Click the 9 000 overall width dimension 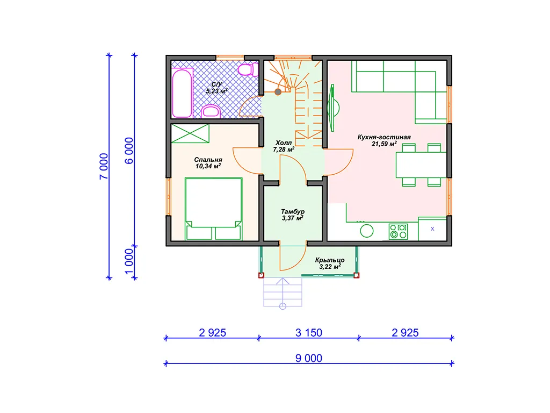(x=309, y=358)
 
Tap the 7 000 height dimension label (x=104, y=167)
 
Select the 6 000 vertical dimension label (x=129, y=151)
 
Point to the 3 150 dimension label (x=309, y=332)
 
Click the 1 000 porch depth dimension (x=129, y=262)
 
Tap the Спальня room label (x=208, y=160)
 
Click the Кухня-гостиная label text (x=384, y=137)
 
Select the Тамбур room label (x=293, y=211)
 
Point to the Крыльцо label (x=330, y=260)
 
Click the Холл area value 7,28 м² (x=284, y=149)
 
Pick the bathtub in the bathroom (x=182, y=92)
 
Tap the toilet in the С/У (x=248, y=69)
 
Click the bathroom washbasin (x=211, y=111)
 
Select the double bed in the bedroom (x=213, y=209)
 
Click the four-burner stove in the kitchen (x=398, y=232)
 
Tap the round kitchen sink (x=366, y=231)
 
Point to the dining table (x=421, y=165)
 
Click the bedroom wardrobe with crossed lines (x=190, y=133)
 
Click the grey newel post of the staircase (x=278, y=92)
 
